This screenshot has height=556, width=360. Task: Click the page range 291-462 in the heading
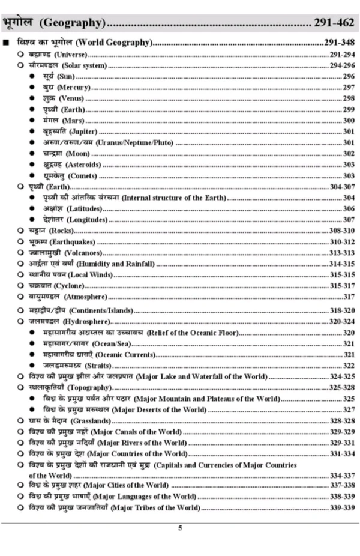tap(334, 23)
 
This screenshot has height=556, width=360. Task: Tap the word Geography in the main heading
tap(71, 23)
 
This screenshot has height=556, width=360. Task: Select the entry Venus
tap(63, 98)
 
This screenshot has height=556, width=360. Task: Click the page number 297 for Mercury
tap(349, 88)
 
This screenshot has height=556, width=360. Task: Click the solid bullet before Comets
tap(32, 176)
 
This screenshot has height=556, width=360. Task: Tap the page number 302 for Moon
tap(349, 154)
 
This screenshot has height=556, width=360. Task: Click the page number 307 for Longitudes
tap(349, 220)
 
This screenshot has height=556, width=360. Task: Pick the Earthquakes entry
tap(61, 241)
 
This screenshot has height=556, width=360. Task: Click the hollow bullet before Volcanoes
tap(20, 253)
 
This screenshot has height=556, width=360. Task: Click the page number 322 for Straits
tap(349, 366)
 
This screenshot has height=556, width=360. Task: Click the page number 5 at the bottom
tap(179, 528)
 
